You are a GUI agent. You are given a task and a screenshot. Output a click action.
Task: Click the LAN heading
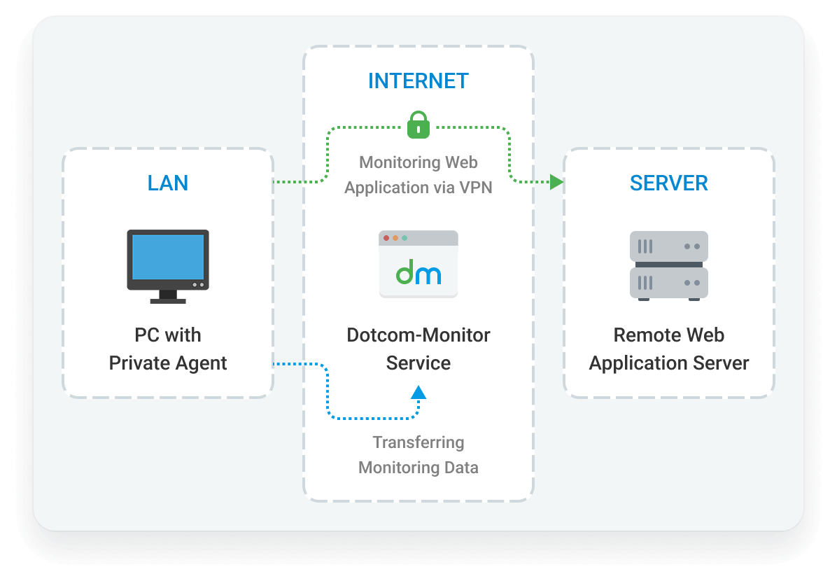pyautogui.click(x=168, y=183)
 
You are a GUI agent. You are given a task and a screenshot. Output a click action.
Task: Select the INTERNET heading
pyautogui.click(x=418, y=81)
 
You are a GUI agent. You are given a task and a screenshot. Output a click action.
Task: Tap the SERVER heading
pyautogui.click(x=668, y=183)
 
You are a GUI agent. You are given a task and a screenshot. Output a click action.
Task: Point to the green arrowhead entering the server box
pyautogui.click(x=556, y=183)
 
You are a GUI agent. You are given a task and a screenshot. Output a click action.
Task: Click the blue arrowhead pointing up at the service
pyautogui.click(x=418, y=391)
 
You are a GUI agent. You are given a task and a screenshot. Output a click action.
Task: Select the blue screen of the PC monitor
pyautogui.click(x=168, y=257)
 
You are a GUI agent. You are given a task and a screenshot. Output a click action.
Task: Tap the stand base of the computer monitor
pyautogui.click(x=168, y=300)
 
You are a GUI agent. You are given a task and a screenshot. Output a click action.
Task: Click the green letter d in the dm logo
pyautogui.click(x=405, y=273)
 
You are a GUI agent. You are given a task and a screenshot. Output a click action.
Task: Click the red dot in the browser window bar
pyautogui.click(x=386, y=238)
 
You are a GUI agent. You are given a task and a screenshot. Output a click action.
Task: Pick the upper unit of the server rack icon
pyautogui.click(x=669, y=246)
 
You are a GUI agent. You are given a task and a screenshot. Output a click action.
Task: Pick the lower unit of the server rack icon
pyautogui.click(x=669, y=283)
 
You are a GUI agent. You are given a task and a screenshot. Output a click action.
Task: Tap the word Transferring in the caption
pyautogui.click(x=418, y=442)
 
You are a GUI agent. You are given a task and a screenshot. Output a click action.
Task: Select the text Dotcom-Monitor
pyautogui.click(x=418, y=335)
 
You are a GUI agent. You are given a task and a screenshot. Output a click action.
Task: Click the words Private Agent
pyautogui.click(x=168, y=363)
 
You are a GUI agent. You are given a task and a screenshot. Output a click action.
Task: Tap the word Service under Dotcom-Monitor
pyautogui.click(x=418, y=363)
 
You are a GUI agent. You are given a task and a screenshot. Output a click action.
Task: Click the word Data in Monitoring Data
pyautogui.click(x=462, y=468)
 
